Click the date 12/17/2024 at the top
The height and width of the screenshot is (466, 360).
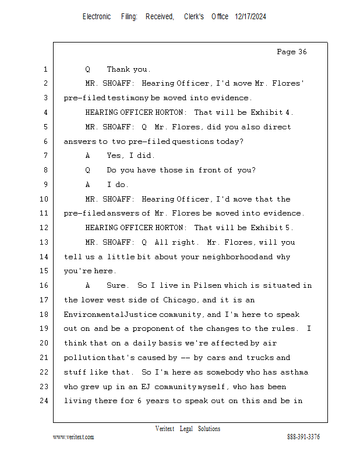coord(250,17)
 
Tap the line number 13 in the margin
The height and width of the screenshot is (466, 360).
coord(45,242)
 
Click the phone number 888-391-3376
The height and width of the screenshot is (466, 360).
coord(303,437)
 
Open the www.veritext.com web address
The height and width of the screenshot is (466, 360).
coord(73,437)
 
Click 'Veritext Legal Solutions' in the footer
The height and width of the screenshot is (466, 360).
coord(188,429)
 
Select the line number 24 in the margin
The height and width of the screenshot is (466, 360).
coord(45,401)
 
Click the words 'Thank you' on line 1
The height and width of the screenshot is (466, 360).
coord(128,69)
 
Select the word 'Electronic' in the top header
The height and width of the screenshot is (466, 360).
coord(97,17)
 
